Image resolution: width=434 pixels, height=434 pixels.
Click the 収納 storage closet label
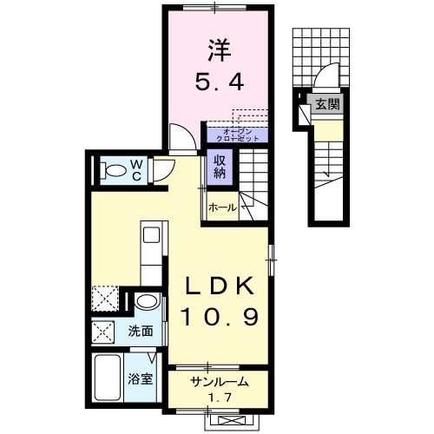[217, 164]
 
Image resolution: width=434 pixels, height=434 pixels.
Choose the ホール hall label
[223, 207]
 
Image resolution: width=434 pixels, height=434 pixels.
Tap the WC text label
[135, 168]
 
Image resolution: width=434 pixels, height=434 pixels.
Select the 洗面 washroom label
[141, 331]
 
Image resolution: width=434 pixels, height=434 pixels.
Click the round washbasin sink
[147, 303]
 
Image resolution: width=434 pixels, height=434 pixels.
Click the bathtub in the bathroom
[108, 376]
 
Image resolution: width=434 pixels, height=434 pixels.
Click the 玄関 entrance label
[326, 107]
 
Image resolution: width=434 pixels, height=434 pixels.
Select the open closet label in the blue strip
[236, 135]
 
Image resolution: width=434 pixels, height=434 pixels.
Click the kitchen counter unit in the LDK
[152, 252]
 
